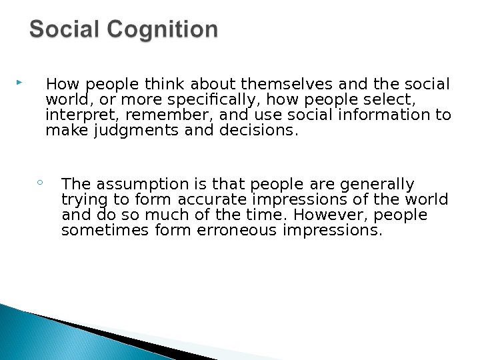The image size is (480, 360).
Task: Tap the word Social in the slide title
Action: [x=63, y=30]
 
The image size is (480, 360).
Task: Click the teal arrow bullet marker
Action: [x=18, y=84]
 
